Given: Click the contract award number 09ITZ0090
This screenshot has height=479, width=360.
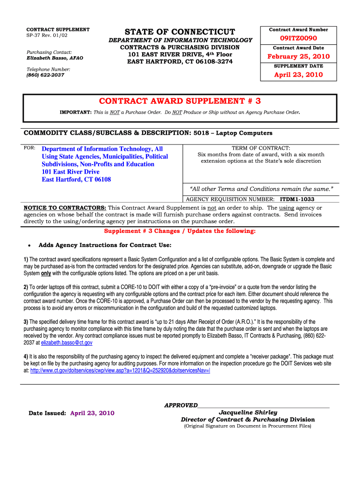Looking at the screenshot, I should (x=298, y=38).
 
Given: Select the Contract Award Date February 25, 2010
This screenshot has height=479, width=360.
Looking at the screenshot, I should (x=298, y=57).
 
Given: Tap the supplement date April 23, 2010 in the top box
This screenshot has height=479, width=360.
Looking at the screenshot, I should (x=298, y=75).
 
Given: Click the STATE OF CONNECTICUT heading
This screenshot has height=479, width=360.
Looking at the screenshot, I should (x=180, y=32).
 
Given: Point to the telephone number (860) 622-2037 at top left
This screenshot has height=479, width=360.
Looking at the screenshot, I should (x=45, y=75).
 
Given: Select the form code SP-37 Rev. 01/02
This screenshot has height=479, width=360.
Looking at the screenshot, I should (x=47, y=35).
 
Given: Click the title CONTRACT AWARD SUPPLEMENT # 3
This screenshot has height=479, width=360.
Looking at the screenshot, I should (x=180, y=101).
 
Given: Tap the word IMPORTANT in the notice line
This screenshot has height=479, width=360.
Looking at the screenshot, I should (x=75, y=113).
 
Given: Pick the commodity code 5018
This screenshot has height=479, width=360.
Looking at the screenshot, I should (x=201, y=133).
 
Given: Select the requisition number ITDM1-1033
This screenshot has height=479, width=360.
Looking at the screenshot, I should (x=297, y=199).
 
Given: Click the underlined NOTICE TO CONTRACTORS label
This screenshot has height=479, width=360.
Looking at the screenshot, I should (x=65, y=208).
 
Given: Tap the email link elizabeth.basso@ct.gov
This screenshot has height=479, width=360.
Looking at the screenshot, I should (x=67, y=343).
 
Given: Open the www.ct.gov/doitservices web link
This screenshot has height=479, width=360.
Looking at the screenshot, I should (x=120, y=370).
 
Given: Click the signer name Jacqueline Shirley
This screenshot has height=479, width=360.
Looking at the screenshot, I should (x=248, y=413).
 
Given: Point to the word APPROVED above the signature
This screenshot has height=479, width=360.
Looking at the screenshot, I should (x=181, y=405).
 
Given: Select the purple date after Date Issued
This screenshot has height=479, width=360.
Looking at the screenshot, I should (x=92, y=413).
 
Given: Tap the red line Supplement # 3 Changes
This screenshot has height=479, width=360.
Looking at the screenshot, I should (x=180, y=231).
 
